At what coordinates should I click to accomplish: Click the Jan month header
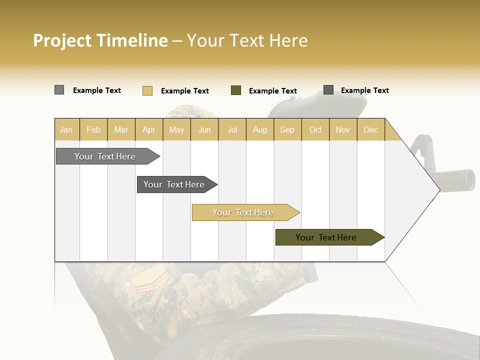tap(66, 129)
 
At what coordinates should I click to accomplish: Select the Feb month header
tap(93, 129)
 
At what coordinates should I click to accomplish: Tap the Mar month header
tap(121, 129)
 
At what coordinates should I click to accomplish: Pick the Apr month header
tap(149, 129)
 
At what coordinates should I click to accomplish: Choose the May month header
tap(176, 129)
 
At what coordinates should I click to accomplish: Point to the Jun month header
tap(204, 129)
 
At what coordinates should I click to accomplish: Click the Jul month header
tap(232, 129)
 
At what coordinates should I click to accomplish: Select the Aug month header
tap(260, 129)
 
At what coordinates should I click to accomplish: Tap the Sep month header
tap(287, 129)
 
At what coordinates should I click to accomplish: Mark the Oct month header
tap(315, 129)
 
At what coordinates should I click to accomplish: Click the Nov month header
tap(343, 129)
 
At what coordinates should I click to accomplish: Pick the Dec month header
tap(371, 129)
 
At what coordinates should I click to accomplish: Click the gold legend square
tap(147, 90)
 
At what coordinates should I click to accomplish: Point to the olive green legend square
tap(236, 90)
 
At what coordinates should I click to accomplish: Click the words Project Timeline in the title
tap(100, 40)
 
